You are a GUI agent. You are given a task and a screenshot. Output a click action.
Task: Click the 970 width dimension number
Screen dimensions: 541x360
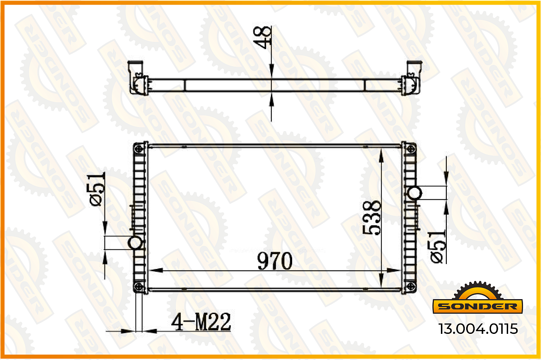[275, 261]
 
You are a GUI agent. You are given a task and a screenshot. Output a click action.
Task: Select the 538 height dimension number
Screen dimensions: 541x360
[371, 218]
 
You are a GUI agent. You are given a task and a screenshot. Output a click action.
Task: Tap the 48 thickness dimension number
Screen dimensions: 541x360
[262, 37]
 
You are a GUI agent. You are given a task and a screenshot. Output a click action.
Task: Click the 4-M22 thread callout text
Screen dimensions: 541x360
[201, 322]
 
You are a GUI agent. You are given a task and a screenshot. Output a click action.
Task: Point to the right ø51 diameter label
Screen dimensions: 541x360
[438, 246]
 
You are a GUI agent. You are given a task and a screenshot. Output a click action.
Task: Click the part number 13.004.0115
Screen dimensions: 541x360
[478, 329]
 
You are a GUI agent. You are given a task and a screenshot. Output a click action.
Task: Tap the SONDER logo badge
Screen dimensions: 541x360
[478, 298]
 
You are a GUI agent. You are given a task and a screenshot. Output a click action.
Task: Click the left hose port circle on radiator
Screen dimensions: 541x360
[135, 243]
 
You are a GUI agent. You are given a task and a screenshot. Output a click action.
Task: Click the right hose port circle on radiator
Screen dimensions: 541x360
[415, 193]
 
